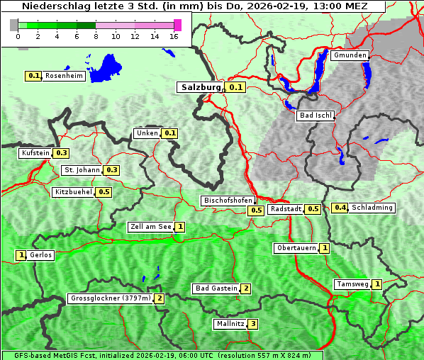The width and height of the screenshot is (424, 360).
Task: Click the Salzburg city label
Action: tap(200, 87)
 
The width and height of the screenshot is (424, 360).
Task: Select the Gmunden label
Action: tap(350, 55)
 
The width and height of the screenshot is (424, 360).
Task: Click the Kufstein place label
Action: tap(35, 153)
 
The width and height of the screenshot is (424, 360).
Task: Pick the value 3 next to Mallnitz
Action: tap(252, 324)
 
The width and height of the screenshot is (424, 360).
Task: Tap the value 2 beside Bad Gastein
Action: tap(245, 288)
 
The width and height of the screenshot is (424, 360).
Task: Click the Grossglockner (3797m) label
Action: tap(111, 298)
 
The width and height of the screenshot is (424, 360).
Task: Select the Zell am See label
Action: tap(151, 227)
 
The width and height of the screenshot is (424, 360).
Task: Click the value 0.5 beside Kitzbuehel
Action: tap(104, 192)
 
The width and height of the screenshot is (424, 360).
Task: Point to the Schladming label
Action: tap(372, 208)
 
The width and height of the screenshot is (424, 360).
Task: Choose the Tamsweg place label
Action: tap(352, 284)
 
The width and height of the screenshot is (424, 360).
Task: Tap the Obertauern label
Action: tap(296, 248)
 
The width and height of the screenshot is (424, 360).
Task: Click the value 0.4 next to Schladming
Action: tap(340, 208)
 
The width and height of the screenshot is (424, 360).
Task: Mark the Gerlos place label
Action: tap(41, 255)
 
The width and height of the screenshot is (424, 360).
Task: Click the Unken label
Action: tap(147, 133)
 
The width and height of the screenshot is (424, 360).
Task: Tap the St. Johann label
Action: tap(82, 170)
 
